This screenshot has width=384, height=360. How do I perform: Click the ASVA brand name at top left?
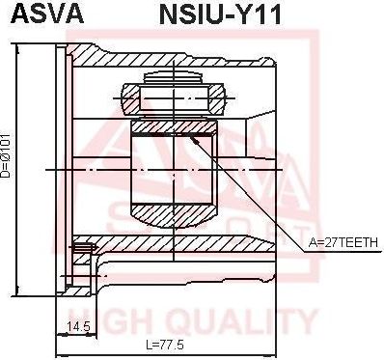[47, 14]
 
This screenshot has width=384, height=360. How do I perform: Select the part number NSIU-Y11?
[220, 14]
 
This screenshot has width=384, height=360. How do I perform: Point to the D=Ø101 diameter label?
[7, 155]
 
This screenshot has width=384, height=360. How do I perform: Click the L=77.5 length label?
[165, 346]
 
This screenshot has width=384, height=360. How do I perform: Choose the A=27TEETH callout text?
[343, 242]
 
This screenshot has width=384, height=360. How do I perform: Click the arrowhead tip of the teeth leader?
[190, 136]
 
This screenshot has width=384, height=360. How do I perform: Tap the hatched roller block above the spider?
[174, 99]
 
